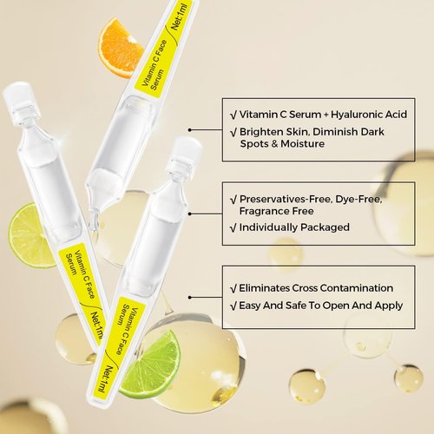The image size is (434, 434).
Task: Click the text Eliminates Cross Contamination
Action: (316, 287)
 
